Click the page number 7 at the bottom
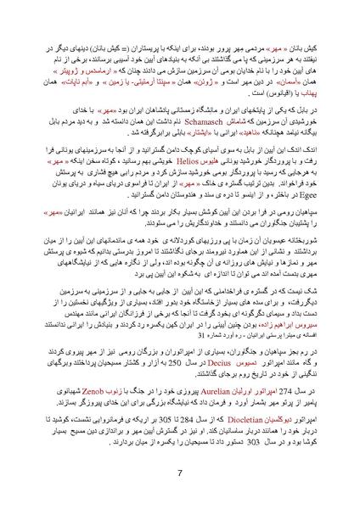click(180, 473)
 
